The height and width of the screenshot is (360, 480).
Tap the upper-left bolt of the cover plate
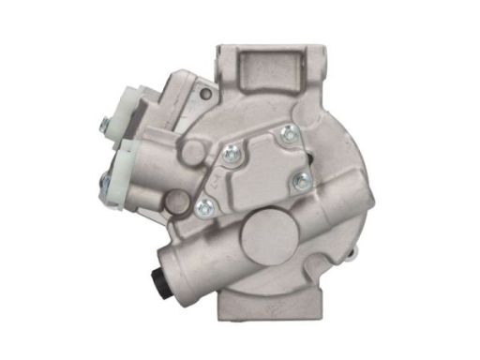coord(232,147)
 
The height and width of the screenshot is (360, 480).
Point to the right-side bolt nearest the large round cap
coord(300,182)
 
